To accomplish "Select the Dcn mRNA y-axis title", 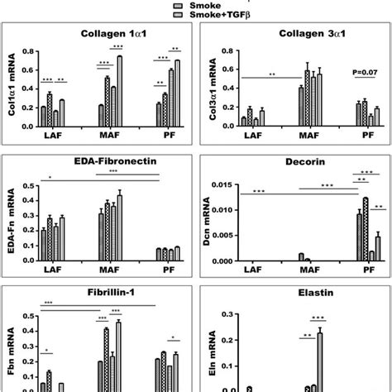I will pyautogui.click(x=208, y=221).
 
